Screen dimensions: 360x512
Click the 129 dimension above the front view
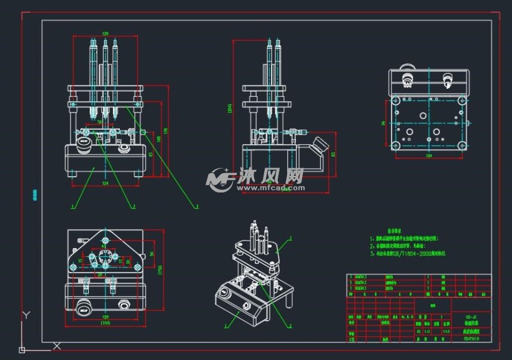(x=105, y=34)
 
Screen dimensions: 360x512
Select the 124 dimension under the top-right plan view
(x=429, y=155)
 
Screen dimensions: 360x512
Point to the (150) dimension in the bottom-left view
(x=105, y=322)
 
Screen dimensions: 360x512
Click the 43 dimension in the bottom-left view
(x=103, y=245)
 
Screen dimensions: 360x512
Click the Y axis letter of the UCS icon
(x=25, y=314)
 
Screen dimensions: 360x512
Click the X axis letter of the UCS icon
(x=57, y=345)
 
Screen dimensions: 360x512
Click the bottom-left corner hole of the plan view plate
(x=395, y=145)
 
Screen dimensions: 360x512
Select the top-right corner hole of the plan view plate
(x=462, y=99)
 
